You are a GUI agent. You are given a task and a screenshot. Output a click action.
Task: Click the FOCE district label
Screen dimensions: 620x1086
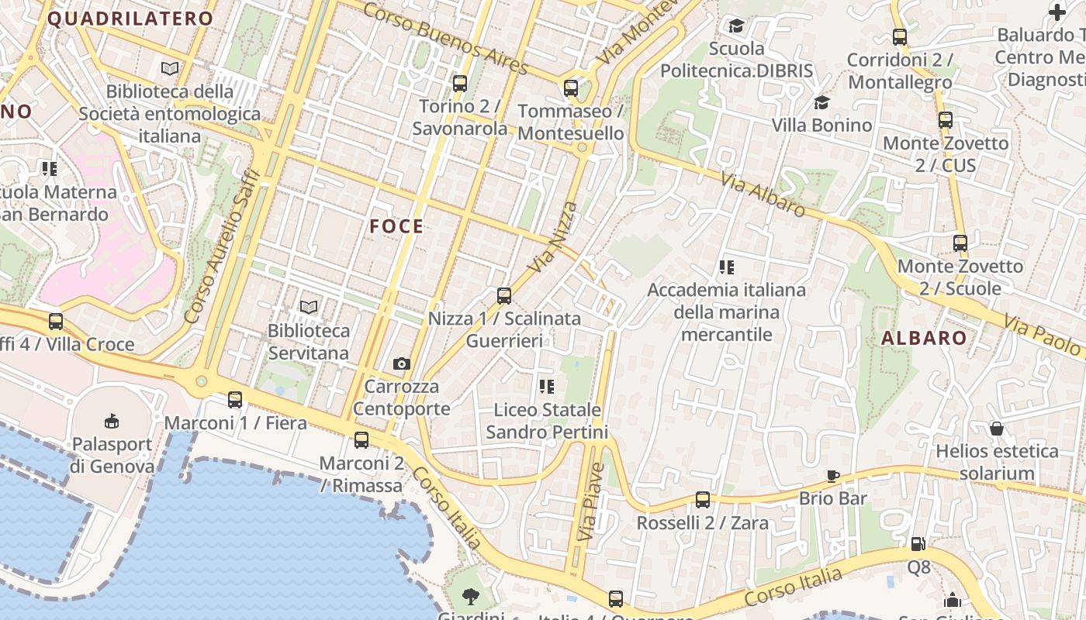pos(396,226)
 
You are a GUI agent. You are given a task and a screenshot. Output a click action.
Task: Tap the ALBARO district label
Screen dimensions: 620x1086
pos(924,338)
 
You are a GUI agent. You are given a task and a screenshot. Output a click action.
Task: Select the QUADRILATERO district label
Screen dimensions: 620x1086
pos(130,19)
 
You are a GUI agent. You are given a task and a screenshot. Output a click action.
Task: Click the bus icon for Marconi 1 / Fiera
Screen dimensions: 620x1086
pos(235,400)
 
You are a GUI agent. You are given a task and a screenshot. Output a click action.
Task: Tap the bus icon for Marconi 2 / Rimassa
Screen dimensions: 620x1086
pos(361,440)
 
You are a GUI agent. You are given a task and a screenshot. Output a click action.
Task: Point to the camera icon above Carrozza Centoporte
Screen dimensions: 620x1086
pos(401,363)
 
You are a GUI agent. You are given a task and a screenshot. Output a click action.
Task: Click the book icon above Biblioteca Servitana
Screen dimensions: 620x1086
pos(309,307)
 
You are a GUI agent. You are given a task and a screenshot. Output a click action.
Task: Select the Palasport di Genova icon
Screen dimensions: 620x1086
pos(112,421)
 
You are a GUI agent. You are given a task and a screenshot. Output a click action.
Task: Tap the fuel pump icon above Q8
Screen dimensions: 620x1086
pos(918,544)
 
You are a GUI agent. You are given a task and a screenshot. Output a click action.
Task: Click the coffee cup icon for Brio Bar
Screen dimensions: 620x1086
pos(833,475)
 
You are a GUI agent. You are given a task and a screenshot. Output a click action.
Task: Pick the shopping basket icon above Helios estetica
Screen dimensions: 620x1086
pos(997,428)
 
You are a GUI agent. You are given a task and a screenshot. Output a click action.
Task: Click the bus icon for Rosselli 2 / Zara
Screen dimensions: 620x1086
pos(703,500)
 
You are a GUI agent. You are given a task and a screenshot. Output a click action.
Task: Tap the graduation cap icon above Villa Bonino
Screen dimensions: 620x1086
pos(821,102)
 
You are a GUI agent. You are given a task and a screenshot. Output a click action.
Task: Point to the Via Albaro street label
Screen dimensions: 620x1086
pos(763,194)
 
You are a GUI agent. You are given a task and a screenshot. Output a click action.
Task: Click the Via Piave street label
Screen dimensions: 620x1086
pos(591,501)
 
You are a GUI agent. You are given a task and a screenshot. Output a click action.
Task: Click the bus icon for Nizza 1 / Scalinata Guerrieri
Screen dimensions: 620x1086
pos(504,295)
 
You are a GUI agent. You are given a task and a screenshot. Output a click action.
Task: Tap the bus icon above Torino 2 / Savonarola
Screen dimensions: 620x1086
pos(460,83)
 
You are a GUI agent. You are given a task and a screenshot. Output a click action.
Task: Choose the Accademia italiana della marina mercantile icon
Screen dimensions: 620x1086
pos(727,267)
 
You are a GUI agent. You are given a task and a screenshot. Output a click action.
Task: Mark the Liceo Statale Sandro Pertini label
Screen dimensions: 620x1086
pos(547,421)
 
